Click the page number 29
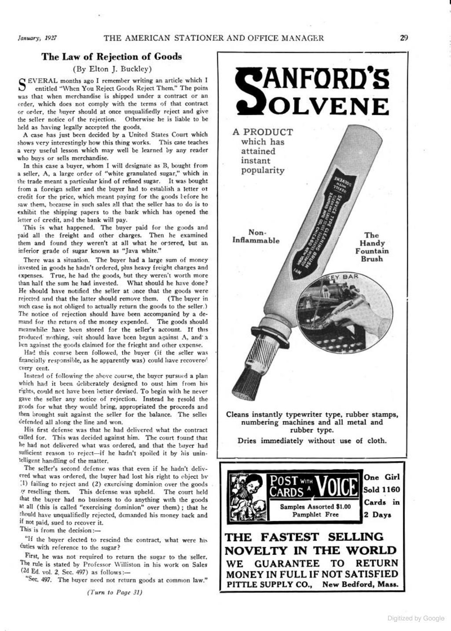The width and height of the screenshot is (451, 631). tap(404, 38)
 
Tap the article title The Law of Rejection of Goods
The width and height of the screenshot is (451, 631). tap(111, 57)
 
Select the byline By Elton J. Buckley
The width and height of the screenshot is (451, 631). tap(112, 69)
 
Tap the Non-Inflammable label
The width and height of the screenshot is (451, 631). tap(256, 236)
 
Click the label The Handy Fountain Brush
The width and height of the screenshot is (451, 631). tap(372, 247)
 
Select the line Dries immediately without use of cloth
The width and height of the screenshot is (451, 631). tap(312, 441)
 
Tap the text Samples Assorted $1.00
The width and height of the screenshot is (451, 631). tap(315, 506)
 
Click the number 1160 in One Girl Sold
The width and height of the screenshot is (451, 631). tap(391, 490)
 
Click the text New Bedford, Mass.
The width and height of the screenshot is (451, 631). tap(360, 585)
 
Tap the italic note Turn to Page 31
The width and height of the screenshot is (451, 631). tap(114, 592)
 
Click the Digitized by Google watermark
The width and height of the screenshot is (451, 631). tap(416, 618)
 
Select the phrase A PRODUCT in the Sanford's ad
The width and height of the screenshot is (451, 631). tap(263, 132)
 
